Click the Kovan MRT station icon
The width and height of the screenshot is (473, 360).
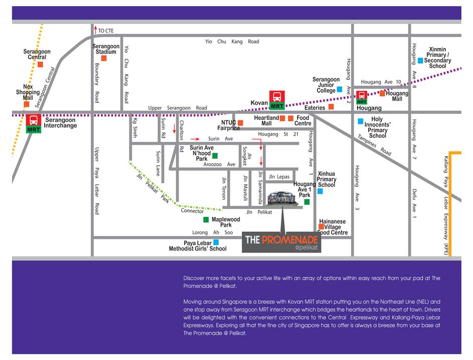(277, 100)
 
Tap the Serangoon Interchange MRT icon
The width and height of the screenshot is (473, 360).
(34, 123)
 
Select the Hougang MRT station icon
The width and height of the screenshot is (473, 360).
(362, 97)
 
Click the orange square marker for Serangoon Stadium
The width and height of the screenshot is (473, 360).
(104, 58)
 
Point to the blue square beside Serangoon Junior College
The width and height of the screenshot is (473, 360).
(340, 89)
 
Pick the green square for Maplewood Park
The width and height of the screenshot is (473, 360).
(206, 219)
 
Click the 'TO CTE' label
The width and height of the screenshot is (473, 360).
(106, 31)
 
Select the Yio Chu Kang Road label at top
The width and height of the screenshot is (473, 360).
(232, 42)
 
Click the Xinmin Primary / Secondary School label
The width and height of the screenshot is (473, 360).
(437, 58)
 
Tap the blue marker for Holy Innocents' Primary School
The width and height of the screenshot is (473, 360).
(360, 121)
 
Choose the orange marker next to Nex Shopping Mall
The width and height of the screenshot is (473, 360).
(27, 104)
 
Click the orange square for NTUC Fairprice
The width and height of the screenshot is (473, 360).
(240, 123)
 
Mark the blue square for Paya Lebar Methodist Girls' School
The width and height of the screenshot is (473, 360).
(216, 242)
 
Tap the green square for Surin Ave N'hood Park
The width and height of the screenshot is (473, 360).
(215, 156)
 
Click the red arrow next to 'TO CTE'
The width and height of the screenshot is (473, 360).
(95, 30)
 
